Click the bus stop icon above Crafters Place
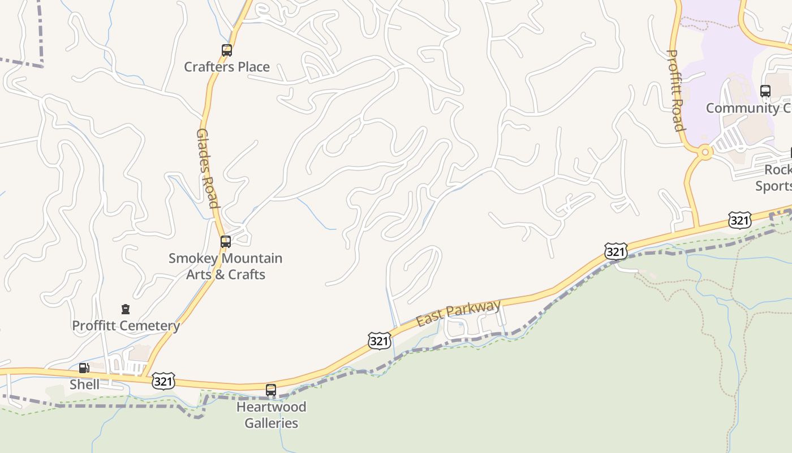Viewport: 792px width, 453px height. [x=226, y=50]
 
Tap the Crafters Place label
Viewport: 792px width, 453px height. [x=227, y=67]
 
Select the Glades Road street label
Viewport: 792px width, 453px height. [x=207, y=168]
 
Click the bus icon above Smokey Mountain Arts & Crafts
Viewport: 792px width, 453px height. [x=226, y=242]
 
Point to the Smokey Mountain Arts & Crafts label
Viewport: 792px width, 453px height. [x=225, y=266]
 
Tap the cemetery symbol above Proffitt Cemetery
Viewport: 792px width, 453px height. [x=126, y=309]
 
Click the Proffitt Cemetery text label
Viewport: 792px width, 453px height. [x=126, y=326]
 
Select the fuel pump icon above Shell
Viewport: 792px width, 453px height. [x=84, y=368]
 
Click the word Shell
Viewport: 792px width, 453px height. [x=84, y=384]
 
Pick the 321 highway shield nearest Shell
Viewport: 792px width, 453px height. [x=163, y=381]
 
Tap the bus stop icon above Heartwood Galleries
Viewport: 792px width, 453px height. [x=271, y=390]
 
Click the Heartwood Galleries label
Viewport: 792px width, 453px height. [x=272, y=414]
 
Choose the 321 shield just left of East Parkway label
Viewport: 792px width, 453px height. [x=379, y=340]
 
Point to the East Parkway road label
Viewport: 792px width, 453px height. [x=458, y=313]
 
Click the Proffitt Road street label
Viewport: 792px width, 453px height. [x=675, y=91]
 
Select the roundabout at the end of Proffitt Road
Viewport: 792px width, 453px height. [x=705, y=152]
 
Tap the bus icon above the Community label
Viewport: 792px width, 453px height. [x=765, y=91]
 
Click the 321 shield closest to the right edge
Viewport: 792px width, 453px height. [x=739, y=220]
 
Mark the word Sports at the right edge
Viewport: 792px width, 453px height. [x=774, y=186]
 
